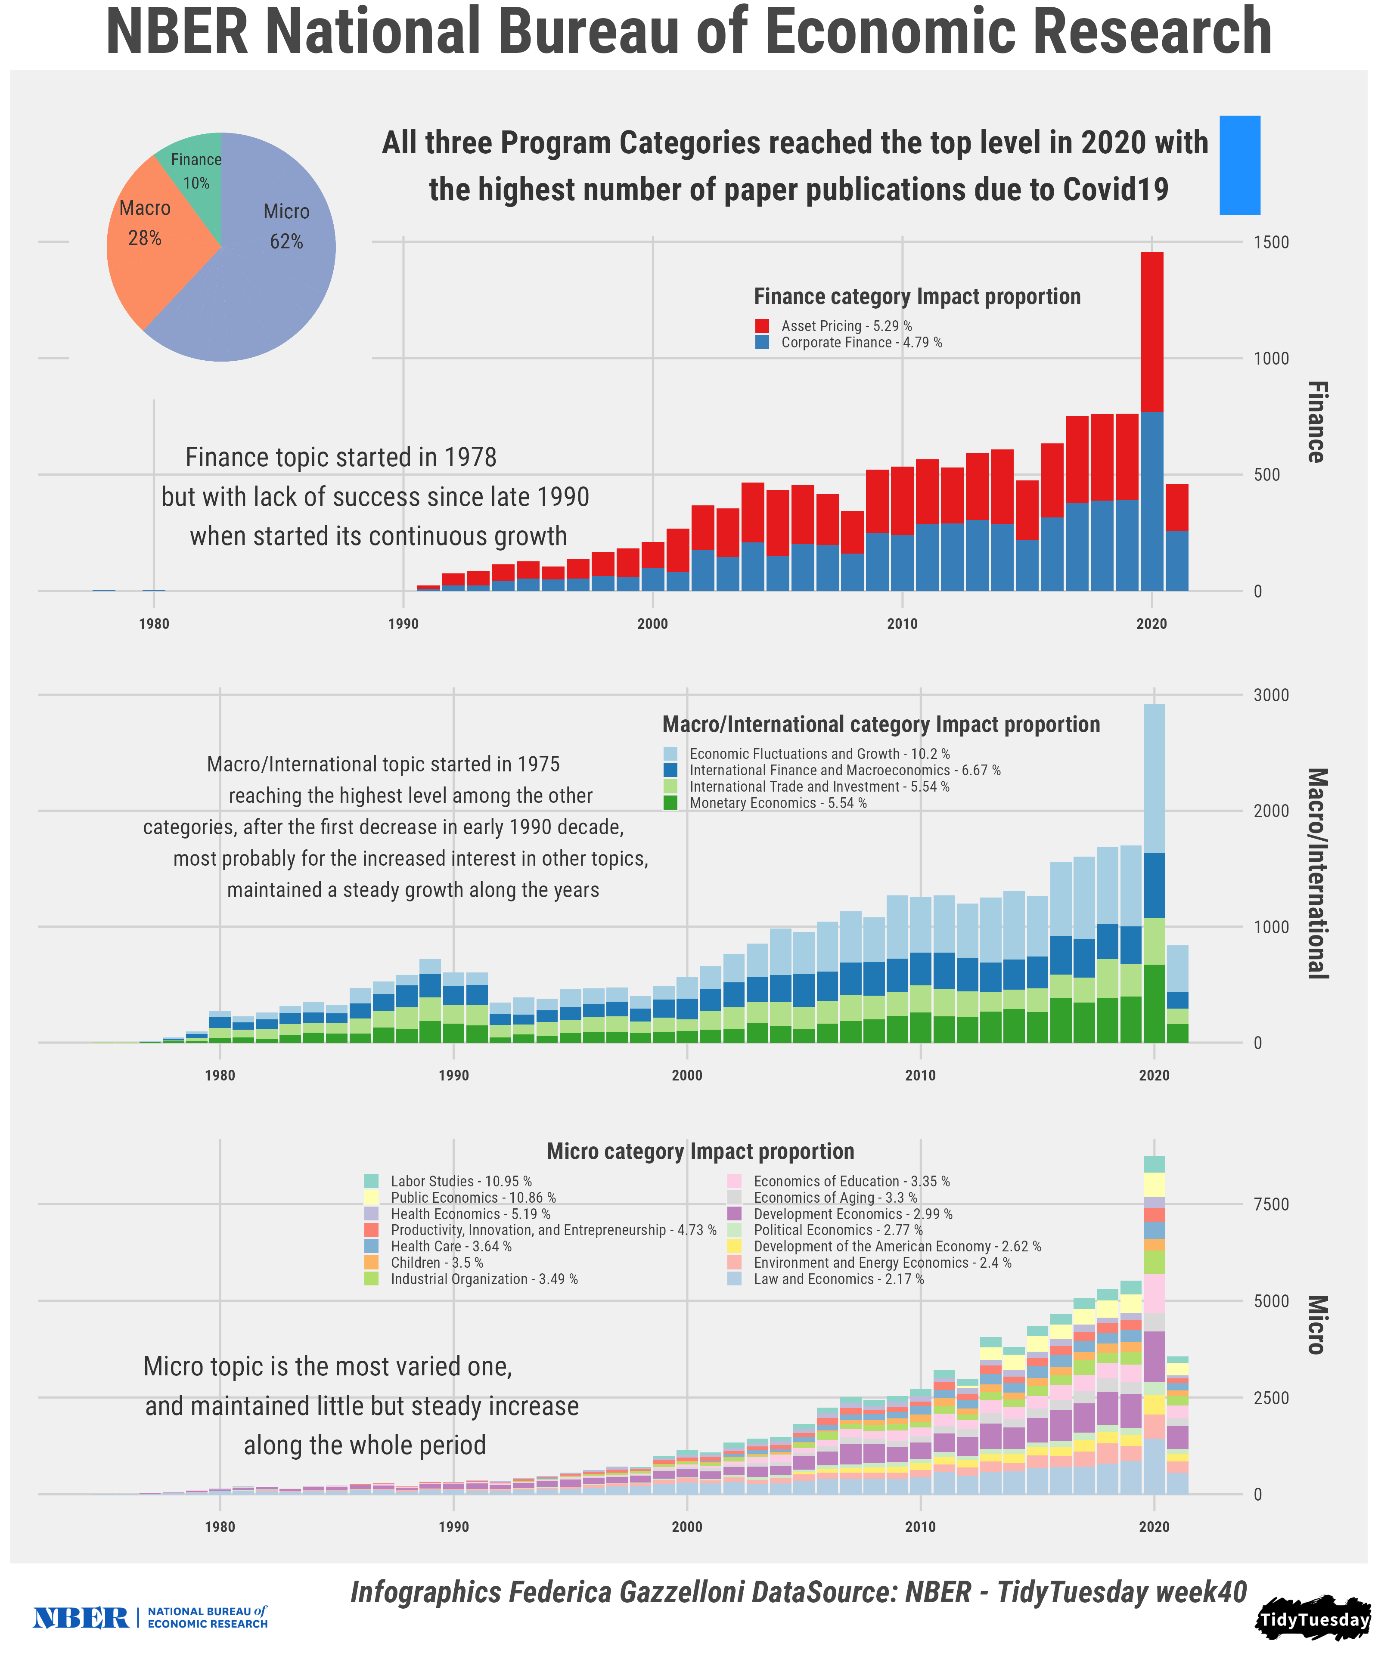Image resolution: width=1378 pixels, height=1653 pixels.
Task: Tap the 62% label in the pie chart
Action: pos(286,241)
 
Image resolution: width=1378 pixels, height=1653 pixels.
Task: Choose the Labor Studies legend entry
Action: pos(461,1182)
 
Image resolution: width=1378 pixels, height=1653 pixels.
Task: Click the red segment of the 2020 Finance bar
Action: pos(1152,331)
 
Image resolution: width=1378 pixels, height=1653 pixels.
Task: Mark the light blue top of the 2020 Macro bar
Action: pos(1155,779)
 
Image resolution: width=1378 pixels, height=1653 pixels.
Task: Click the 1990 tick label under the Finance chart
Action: pos(403,624)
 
